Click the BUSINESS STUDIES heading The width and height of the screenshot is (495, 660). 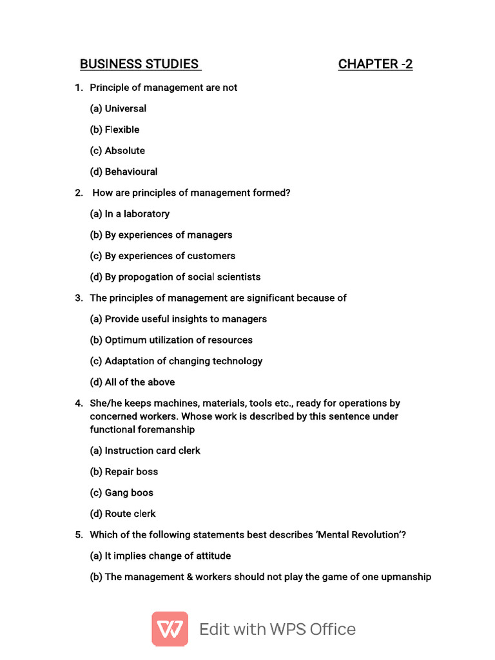point(139,64)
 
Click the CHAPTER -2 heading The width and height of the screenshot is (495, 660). point(375,64)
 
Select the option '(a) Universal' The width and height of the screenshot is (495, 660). point(118,108)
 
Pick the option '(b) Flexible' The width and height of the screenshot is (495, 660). point(114,130)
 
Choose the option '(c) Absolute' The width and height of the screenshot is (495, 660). point(117,151)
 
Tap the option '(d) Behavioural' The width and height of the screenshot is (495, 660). point(123,171)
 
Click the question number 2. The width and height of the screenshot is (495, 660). point(78,193)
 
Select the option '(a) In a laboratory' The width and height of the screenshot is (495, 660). point(130,214)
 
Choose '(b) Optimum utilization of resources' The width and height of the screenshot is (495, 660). point(171,340)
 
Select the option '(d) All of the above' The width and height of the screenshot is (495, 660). point(132,382)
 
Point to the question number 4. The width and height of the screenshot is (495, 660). point(78,403)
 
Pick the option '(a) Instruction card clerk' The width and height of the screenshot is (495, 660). point(144,451)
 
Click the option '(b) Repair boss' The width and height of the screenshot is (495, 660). point(123,472)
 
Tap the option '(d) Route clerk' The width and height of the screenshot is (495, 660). point(122,514)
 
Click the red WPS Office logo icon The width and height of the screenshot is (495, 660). point(170,629)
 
